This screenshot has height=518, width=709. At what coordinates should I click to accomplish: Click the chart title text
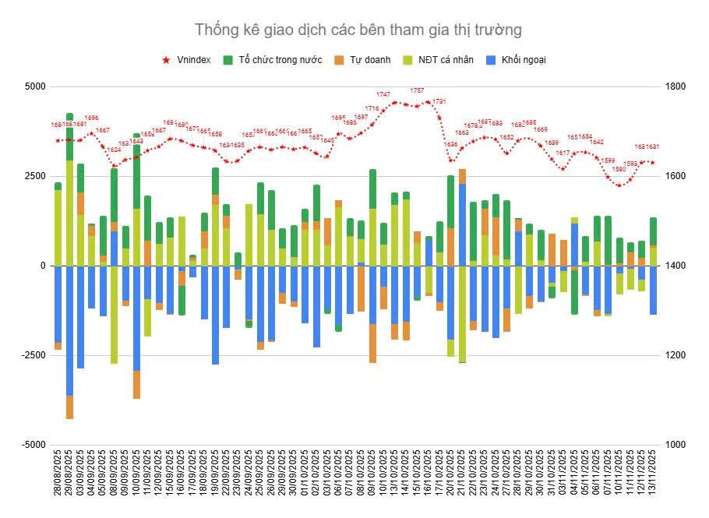(x=358, y=30)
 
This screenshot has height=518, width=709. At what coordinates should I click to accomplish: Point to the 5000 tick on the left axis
(x=35, y=86)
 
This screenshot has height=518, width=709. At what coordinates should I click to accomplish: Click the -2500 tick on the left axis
(x=34, y=355)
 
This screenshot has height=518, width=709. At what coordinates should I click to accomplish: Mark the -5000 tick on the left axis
(x=34, y=445)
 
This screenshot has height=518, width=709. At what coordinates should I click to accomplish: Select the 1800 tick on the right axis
(x=672, y=86)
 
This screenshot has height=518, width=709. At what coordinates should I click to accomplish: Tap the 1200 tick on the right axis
(x=672, y=355)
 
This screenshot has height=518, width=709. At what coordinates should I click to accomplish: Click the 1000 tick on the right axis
(x=672, y=445)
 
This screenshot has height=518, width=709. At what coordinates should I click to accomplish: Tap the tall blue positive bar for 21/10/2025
(x=463, y=226)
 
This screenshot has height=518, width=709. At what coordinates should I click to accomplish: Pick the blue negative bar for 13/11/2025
(x=653, y=290)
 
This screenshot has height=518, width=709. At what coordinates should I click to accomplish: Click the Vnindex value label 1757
(x=417, y=91)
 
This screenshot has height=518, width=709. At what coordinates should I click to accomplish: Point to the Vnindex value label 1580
(x=619, y=169)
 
